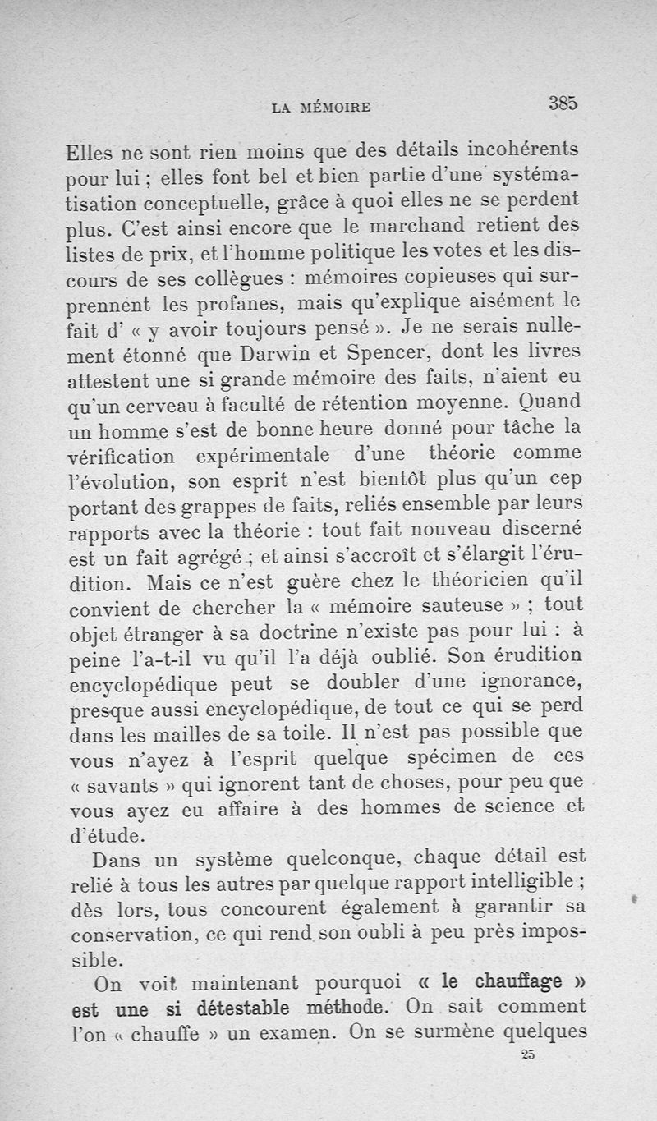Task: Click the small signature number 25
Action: (x=528, y=1056)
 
